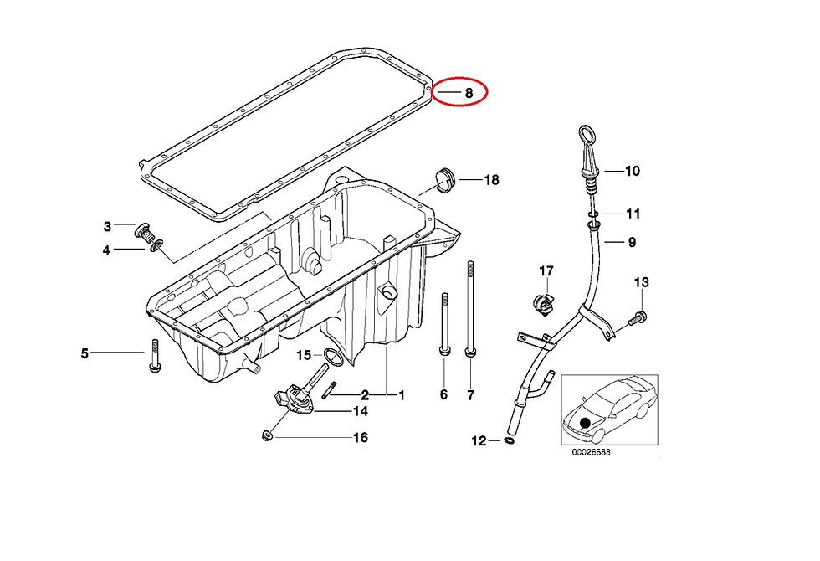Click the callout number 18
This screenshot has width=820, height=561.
(492, 180)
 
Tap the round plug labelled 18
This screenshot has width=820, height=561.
(445, 180)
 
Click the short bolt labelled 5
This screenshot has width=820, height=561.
(155, 357)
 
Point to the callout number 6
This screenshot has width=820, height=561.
(443, 394)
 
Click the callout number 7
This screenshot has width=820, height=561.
(470, 395)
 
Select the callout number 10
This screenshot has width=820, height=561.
(633, 171)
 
